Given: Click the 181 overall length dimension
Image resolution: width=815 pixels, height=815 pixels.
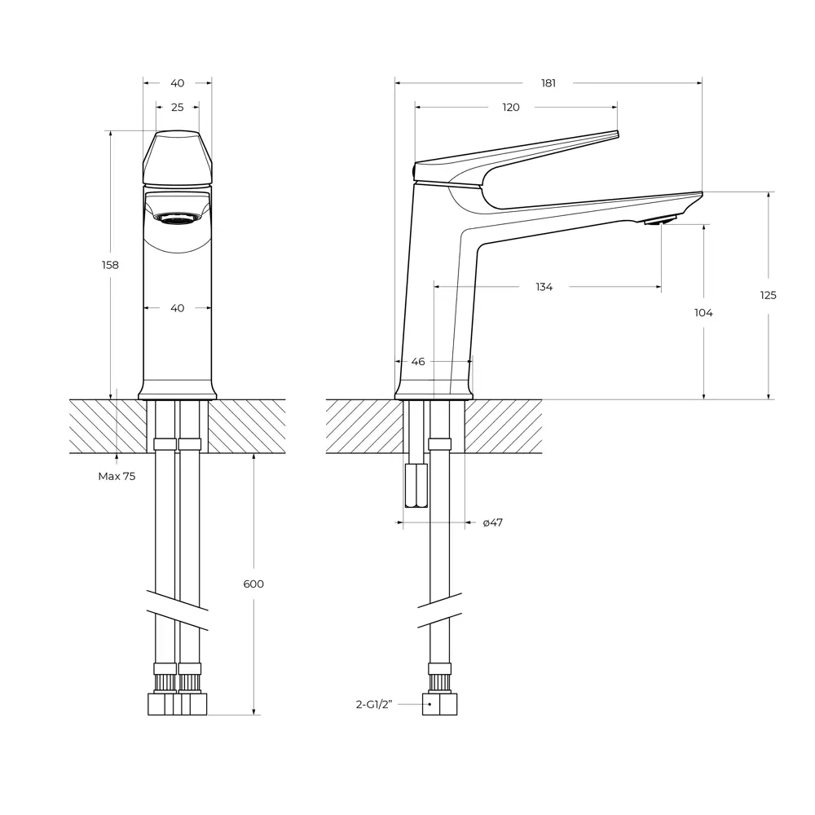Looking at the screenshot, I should (548, 83).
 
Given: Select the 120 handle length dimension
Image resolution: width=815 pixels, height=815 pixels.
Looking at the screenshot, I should (510, 108).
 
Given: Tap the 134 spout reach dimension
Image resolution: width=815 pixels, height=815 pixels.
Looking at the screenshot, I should (544, 287).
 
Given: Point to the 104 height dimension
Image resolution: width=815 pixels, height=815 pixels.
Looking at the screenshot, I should (703, 313).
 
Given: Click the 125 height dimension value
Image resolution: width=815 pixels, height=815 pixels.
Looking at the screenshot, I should (769, 295).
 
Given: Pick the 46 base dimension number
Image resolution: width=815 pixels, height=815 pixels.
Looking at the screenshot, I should (418, 361).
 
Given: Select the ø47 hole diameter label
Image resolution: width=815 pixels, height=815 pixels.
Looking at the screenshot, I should (492, 522).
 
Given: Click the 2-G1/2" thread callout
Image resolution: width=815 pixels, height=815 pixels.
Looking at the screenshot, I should (374, 704).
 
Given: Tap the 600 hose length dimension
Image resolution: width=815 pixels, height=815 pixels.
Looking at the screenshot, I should (253, 584).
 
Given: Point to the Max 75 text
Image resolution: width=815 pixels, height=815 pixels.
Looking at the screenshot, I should (117, 476).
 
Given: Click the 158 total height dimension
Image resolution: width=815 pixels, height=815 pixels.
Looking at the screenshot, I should (110, 265).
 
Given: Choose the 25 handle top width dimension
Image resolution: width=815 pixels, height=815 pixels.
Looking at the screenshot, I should (177, 108).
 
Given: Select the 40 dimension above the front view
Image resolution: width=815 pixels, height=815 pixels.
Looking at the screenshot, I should (177, 83).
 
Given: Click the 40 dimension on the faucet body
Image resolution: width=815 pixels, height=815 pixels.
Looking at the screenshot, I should (177, 308).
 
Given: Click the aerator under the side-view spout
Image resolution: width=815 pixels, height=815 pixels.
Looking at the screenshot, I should (660, 220).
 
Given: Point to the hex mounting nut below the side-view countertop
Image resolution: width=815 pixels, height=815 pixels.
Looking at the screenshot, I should (416, 486).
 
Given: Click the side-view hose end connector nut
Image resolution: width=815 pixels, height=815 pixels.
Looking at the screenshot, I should (439, 704).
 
